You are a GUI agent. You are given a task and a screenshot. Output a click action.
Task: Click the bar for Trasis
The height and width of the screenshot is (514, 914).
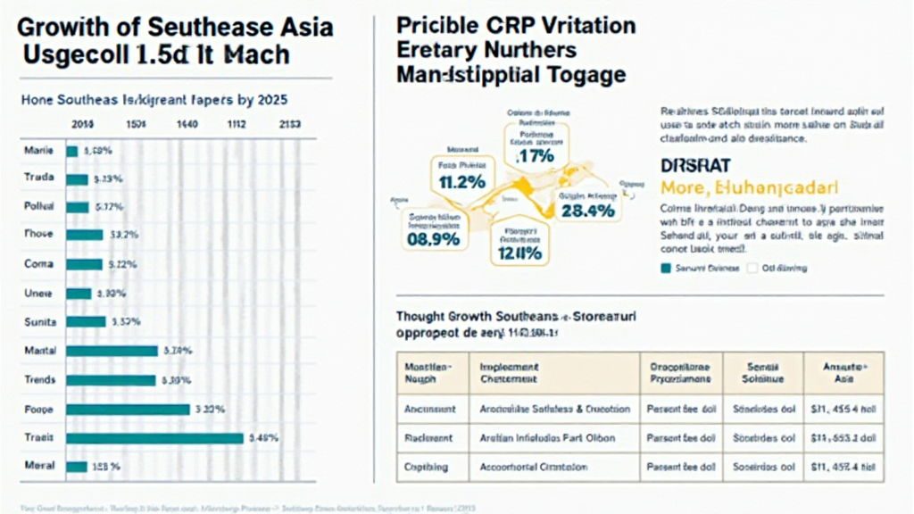tap(154, 437)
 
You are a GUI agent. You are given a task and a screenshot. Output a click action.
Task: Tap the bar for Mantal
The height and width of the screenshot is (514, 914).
tap(112, 352)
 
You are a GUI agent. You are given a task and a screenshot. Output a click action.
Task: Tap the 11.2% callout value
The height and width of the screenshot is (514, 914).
tap(462, 181)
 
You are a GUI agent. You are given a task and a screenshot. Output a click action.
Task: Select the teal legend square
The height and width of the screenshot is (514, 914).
tap(664, 268)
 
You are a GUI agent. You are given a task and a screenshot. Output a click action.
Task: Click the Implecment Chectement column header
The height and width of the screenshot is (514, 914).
tap(510, 373)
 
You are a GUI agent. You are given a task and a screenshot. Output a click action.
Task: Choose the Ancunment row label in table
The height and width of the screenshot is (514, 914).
tap(430, 409)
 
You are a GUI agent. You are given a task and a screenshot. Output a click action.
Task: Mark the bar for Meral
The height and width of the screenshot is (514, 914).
tap(77, 466)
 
